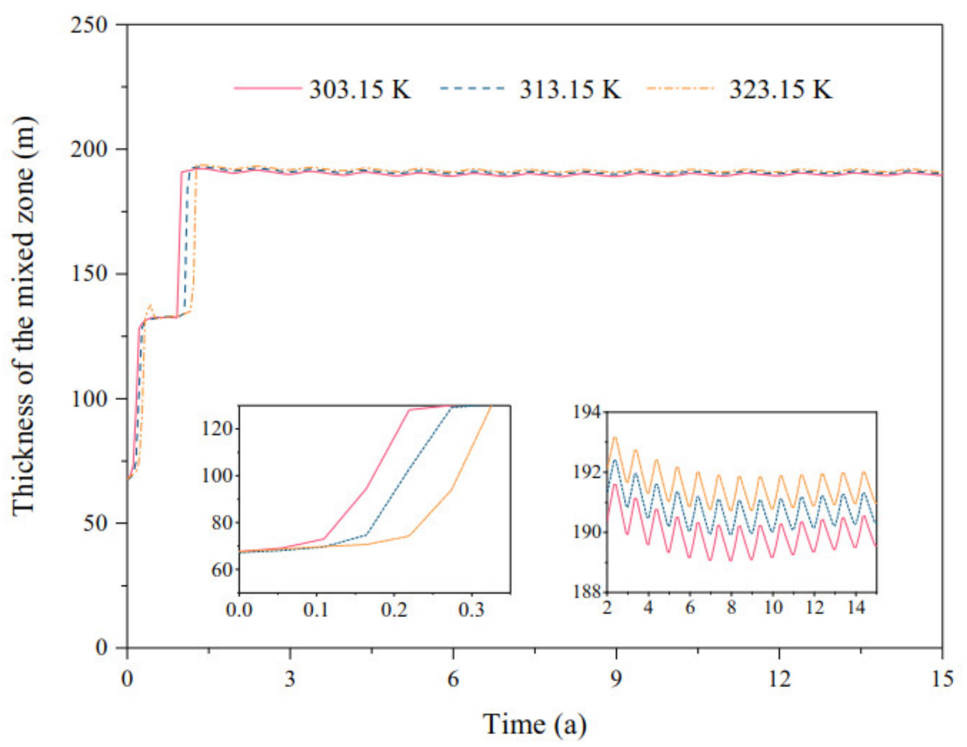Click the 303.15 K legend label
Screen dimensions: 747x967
360,89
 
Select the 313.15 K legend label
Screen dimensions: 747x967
570,89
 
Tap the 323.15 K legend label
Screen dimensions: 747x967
781,89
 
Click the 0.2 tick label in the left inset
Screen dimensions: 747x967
394,610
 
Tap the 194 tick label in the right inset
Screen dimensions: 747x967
588,412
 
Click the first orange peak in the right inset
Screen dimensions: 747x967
615,437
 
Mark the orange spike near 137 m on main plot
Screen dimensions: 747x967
151,305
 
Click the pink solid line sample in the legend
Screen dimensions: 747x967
267,89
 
